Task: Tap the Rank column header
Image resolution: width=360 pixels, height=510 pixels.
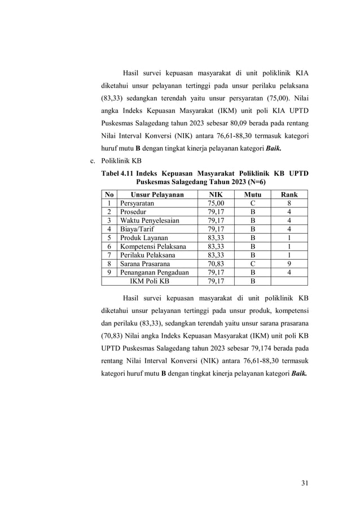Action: (289, 194)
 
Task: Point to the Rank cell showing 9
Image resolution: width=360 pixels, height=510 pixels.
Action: (289, 263)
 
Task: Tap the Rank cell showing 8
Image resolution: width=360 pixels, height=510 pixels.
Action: (289, 203)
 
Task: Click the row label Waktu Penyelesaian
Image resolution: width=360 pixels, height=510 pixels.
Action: (148, 220)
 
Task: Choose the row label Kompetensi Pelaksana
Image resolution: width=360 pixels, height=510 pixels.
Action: (152, 246)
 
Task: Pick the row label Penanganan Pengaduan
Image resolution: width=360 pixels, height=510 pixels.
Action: (153, 271)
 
